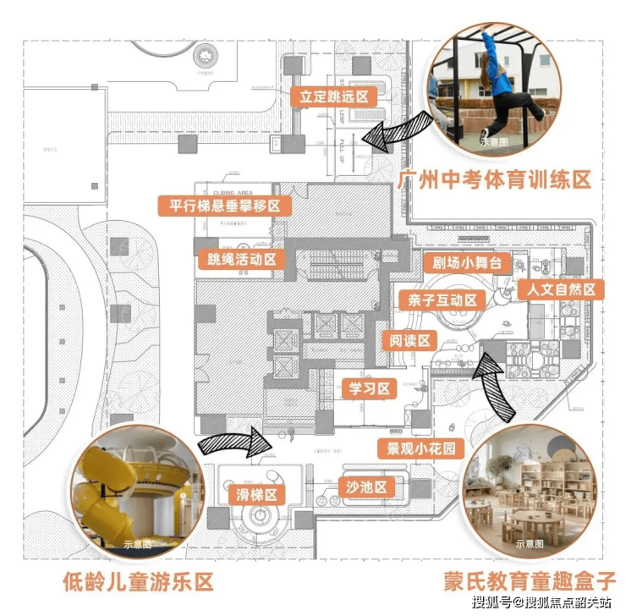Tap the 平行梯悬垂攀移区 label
(x=224, y=206)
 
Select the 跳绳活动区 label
(x=241, y=259)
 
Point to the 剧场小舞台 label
(x=466, y=263)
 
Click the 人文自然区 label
(x=561, y=289)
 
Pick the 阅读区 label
(x=410, y=341)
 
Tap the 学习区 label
(x=370, y=388)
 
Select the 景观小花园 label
(x=421, y=448)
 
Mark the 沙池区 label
(x=366, y=487)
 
